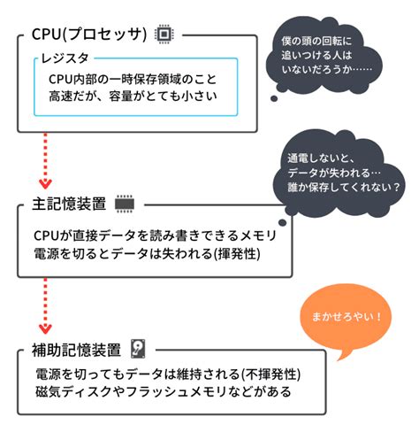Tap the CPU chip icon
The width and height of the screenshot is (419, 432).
point(164,34)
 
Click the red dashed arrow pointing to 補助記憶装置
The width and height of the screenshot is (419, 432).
point(44,305)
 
